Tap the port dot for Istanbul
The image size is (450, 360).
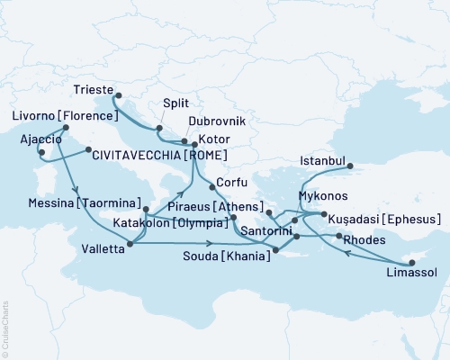353,166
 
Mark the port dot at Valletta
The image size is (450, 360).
131,243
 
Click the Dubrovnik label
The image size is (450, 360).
215,121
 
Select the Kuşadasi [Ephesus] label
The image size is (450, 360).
383,219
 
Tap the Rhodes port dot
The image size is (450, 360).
338,236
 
